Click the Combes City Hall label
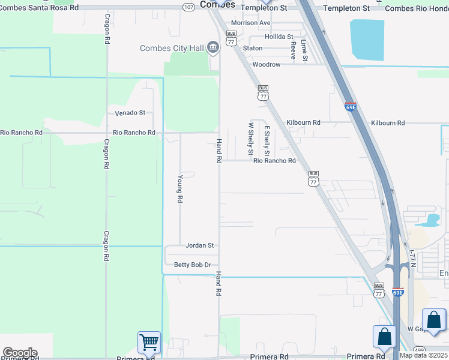coord(172,49)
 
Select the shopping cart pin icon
coord(149,343)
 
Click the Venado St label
coord(130,113)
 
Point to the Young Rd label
coord(179,189)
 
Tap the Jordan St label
coord(200,245)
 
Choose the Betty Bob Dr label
coord(192,265)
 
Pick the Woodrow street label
coord(266,64)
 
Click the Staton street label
coord(253,48)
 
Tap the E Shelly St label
coord(267,138)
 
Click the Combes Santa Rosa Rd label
coord(39,8)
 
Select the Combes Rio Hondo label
coord(416,8)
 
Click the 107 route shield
coord(188,7)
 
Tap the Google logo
coord(20,352)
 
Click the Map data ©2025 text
coord(424,355)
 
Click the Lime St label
coord(304,50)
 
